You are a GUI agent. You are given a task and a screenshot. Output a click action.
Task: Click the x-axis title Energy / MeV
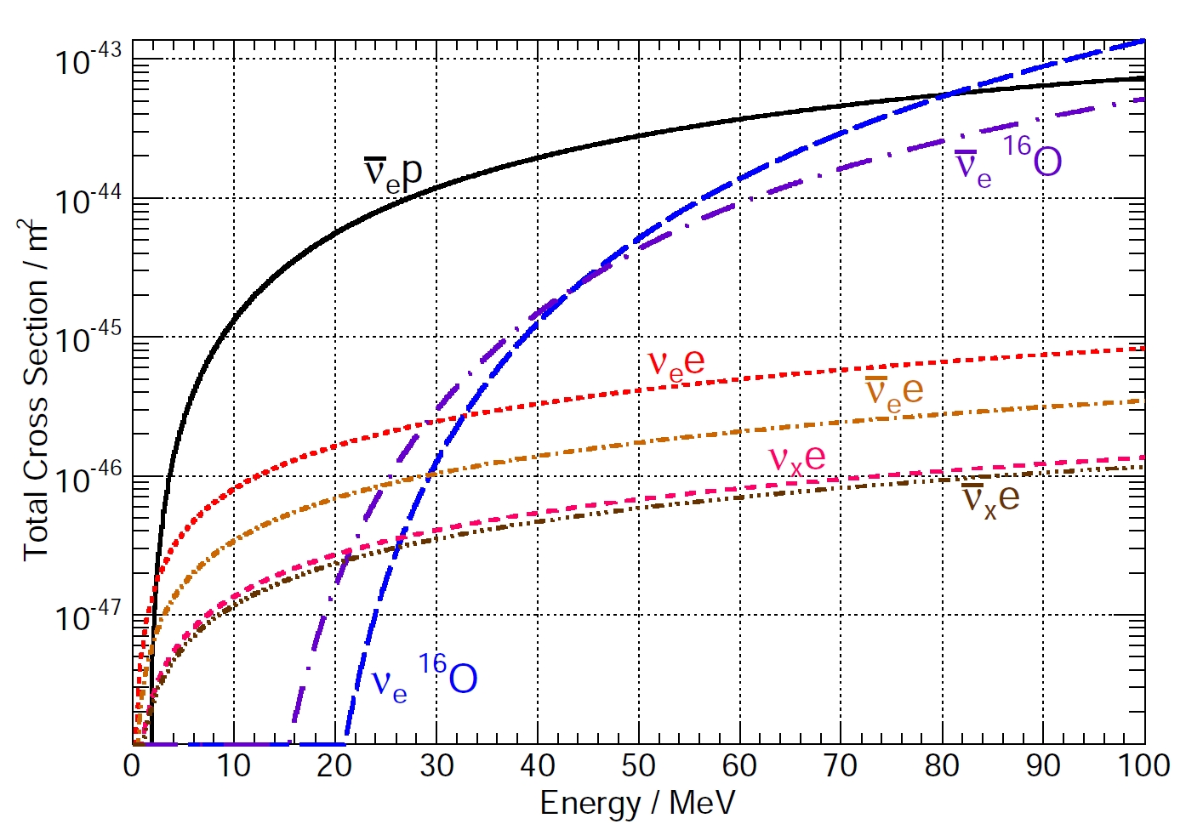[x=637, y=803]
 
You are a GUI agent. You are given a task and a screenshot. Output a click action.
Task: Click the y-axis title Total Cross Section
[x=35, y=391]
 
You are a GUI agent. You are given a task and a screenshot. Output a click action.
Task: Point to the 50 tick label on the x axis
[x=638, y=766]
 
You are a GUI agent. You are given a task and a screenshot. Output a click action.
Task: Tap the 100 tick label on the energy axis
[x=1143, y=766]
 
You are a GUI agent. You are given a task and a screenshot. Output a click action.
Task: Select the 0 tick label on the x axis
[x=132, y=766]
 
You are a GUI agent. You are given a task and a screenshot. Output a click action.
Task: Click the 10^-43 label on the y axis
[x=88, y=60]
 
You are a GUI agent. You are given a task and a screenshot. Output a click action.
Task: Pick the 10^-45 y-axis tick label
[x=88, y=339]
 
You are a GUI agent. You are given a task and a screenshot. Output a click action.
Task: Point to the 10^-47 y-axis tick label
[x=88, y=617]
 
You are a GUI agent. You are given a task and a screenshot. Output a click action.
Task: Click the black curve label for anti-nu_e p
[x=393, y=173]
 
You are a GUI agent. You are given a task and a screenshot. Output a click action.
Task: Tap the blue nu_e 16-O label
[x=425, y=677]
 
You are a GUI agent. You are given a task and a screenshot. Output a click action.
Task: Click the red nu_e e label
[x=676, y=363]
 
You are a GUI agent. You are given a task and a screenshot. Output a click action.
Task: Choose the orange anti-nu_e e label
[x=893, y=390]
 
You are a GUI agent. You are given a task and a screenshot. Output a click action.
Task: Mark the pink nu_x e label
[x=797, y=458]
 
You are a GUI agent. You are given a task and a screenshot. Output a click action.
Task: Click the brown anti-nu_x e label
[x=990, y=497]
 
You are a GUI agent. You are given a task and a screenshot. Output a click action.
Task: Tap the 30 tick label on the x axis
[x=436, y=766]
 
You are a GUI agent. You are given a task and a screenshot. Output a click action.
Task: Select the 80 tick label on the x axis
[x=942, y=766]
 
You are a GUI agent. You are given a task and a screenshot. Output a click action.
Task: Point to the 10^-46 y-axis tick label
[x=88, y=479]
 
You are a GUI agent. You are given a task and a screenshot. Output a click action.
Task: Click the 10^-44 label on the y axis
[x=88, y=201]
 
